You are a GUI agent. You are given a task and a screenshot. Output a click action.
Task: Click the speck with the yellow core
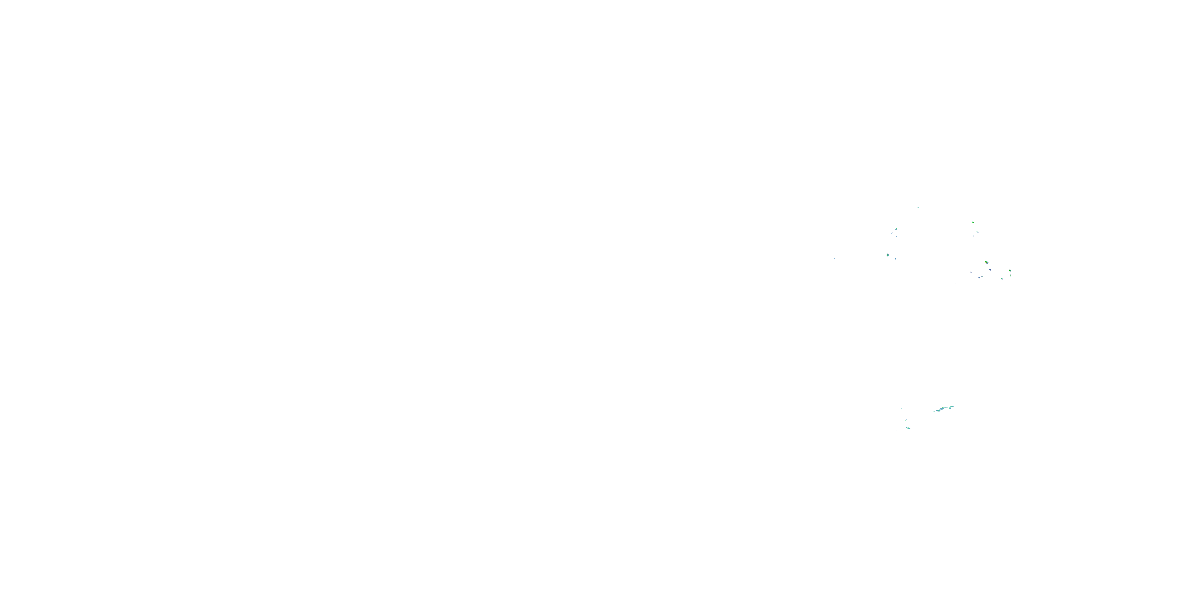coord(987,262)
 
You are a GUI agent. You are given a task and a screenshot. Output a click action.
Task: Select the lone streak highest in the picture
coord(919,207)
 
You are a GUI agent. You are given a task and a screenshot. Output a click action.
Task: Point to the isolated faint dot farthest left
coord(835,258)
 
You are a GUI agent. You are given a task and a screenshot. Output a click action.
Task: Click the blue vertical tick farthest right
coord(1038,266)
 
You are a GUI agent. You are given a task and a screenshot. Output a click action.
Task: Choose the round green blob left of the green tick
coord(1010,270)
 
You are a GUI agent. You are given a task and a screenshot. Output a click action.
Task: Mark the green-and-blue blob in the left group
coord(888,255)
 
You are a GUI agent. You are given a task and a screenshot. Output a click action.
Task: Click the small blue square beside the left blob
coord(896,258)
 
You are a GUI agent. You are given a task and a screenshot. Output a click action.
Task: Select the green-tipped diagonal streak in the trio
coord(896,229)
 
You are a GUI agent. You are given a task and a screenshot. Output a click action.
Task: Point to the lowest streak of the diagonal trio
coord(897,237)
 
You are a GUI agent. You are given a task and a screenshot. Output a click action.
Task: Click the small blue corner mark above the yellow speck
coord(983,258)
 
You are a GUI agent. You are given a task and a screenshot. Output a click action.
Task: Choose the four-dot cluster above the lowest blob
coord(907,420)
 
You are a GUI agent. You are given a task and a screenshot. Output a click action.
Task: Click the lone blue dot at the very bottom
coord(897,431)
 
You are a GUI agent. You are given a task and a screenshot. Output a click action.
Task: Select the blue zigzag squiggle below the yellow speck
coord(981,277)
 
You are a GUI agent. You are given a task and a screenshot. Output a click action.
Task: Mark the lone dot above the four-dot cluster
coord(901,409)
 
